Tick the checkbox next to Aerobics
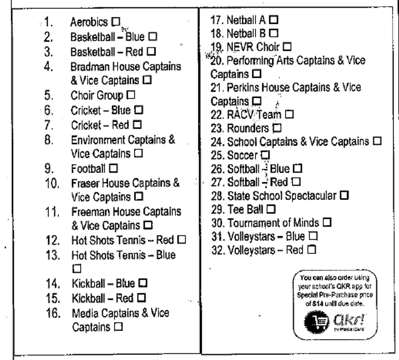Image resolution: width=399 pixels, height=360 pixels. (x=116, y=22)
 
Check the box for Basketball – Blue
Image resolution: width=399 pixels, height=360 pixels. (x=153, y=37)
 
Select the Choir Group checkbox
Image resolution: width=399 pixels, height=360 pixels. (x=131, y=95)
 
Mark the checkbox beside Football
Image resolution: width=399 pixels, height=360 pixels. (x=113, y=168)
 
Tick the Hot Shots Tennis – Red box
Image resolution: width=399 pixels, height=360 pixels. (x=182, y=240)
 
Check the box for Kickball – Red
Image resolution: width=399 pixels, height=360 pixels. (x=141, y=298)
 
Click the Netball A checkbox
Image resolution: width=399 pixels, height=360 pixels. (x=274, y=20)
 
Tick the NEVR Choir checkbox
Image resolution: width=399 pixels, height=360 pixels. (x=287, y=47)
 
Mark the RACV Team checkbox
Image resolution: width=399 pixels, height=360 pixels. (x=289, y=114)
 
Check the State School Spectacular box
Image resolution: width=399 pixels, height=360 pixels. (x=344, y=195)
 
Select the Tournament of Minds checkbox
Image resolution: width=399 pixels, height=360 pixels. (x=327, y=222)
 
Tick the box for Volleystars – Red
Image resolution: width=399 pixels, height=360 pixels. (x=312, y=250)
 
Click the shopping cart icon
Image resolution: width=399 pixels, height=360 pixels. (x=317, y=322)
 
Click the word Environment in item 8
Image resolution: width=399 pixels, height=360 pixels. (x=98, y=140)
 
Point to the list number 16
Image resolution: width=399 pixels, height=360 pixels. (x=53, y=313)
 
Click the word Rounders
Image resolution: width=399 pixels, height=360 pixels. (x=248, y=128)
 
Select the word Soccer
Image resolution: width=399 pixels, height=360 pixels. (x=242, y=155)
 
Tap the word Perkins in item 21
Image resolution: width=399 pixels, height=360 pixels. (x=243, y=88)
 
